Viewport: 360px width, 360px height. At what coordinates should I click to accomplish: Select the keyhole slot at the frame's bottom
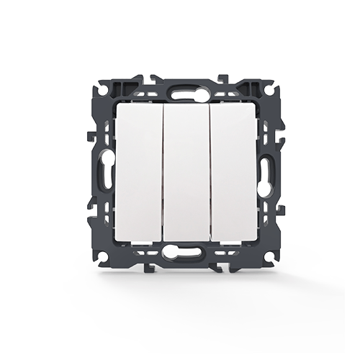pos(180,253)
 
